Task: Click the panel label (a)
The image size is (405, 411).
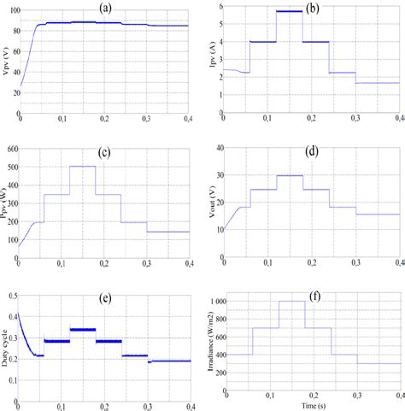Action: tap(105, 8)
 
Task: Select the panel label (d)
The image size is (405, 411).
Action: tap(312, 155)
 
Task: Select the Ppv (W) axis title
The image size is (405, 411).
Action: tap(8, 206)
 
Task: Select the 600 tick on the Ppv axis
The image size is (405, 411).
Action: tap(14, 148)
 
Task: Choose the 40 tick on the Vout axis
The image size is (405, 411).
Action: tap(217, 148)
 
